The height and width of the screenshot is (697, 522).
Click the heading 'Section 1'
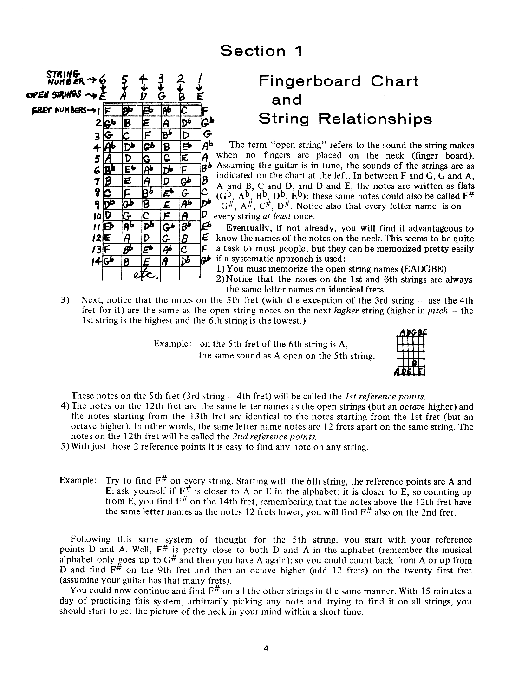261,51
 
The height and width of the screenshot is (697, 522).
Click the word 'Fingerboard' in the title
310,81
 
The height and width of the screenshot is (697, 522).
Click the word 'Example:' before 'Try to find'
78,481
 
